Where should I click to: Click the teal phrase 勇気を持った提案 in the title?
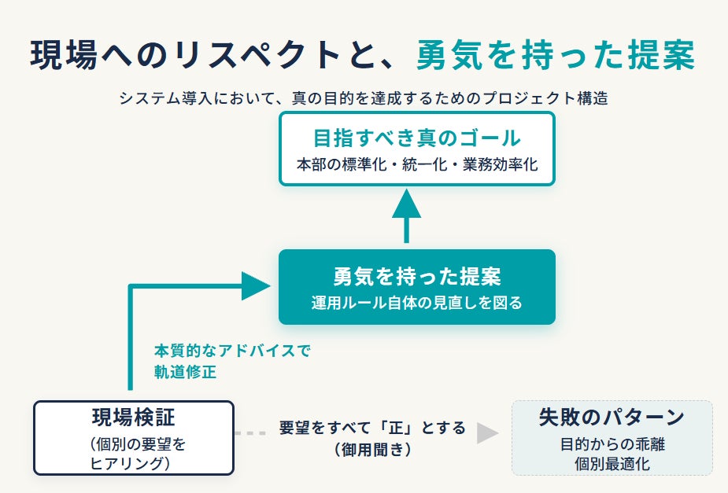(x=556, y=55)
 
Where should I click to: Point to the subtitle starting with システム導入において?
(x=364, y=97)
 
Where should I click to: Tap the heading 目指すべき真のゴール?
(x=417, y=138)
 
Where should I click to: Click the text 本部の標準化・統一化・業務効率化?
(x=417, y=164)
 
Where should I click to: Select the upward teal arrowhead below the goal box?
(x=407, y=204)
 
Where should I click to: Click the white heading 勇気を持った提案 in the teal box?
(x=417, y=277)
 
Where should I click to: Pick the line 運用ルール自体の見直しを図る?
(x=417, y=303)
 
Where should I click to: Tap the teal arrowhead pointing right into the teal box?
(x=256, y=286)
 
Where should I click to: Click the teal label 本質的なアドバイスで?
(x=231, y=351)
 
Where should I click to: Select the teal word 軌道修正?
(x=185, y=371)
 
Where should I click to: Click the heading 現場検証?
(x=134, y=417)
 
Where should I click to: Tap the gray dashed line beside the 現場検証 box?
(x=251, y=433)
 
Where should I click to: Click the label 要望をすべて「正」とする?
(x=372, y=427)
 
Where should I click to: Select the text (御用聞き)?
(x=372, y=449)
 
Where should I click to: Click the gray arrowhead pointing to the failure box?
(x=487, y=433)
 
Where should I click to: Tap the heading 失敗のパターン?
(x=612, y=417)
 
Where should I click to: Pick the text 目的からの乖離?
(x=612, y=443)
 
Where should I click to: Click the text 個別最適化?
(x=612, y=463)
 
